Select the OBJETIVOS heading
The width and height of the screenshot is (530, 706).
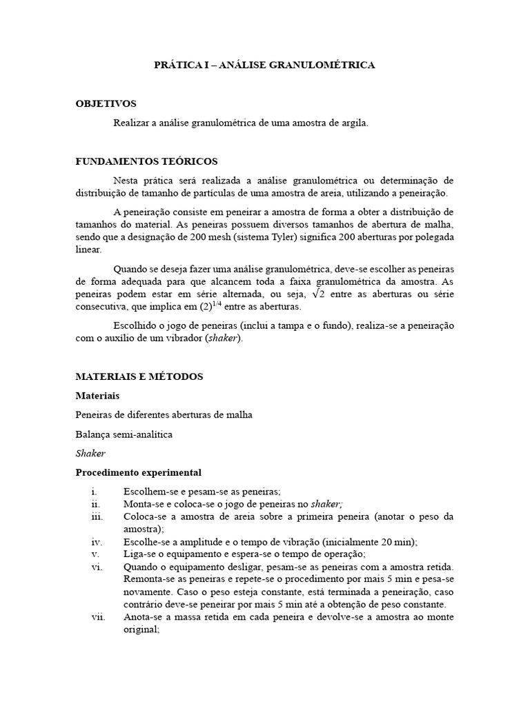tap(106, 103)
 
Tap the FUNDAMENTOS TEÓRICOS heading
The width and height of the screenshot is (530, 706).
tap(146, 161)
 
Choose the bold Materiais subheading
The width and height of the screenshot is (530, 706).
tap(97, 396)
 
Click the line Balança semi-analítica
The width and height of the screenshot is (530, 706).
tap(124, 434)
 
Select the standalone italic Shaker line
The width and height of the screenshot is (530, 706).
tap(90, 454)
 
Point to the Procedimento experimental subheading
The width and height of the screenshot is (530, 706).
tap(138, 473)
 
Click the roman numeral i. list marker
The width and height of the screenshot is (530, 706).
tap(93, 492)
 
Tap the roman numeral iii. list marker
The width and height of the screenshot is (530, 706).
tap(96, 516)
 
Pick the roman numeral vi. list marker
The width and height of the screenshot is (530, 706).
tap(96, 567)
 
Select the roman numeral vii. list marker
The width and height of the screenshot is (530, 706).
tap(97, 616)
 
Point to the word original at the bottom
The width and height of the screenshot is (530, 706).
tap(141, 629)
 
